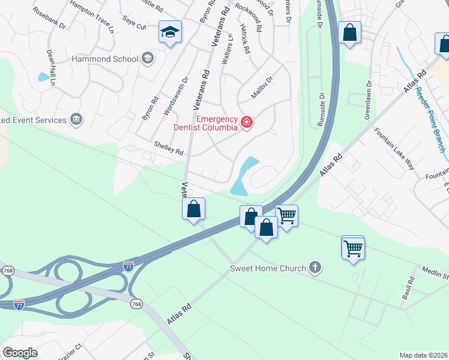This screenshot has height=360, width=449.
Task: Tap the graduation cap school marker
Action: (170, 32)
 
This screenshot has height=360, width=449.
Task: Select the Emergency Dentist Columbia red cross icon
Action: (246, 122)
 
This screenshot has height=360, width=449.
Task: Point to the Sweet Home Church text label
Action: (268, 268)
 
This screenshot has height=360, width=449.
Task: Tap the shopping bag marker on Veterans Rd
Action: (194, 209)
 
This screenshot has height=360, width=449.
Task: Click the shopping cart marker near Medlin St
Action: (353, 247)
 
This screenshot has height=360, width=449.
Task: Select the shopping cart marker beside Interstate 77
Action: (287, 215)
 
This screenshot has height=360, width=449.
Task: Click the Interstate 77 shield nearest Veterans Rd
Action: (128, 265)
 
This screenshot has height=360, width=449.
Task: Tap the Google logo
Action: (20, 353)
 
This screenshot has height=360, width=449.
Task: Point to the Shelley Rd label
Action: (168, 148)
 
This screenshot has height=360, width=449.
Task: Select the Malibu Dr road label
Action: (262, 88)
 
